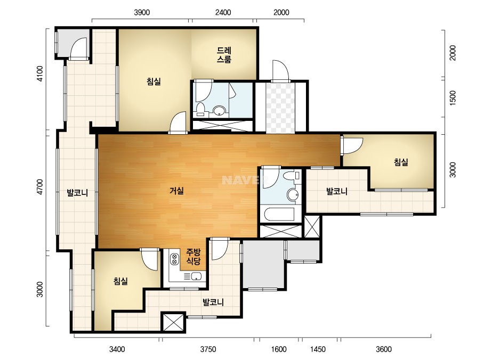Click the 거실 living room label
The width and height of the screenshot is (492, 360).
(176, 191)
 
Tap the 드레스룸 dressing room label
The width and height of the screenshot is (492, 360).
(224, 55)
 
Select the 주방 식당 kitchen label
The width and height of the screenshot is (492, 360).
(193, 257)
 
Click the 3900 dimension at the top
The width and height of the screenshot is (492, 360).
(142, 13)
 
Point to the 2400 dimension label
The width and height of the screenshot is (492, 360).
(223, 13)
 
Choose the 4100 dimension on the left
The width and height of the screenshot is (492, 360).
(40, 73)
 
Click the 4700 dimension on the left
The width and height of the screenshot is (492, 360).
(40, 187)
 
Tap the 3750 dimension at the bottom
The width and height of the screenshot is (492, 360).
(208, 349)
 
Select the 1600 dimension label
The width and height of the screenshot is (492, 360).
(279, 349)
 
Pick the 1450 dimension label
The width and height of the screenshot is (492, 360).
(318, 349)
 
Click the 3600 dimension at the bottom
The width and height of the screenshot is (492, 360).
(383, 349)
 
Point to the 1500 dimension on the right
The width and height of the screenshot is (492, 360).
(453, 98)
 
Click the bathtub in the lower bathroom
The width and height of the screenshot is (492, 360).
(279, 215)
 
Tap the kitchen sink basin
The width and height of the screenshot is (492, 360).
(196, 276)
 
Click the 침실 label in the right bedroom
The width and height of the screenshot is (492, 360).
(401, 162)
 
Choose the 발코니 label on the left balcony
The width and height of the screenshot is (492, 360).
(77, 193)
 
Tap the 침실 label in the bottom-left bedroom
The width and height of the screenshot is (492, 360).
(120, 281)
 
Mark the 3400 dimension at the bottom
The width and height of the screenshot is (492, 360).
(117, 349)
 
